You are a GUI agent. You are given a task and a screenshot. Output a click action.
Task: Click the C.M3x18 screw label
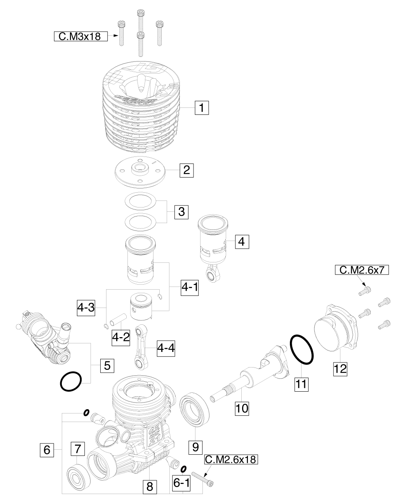tap(80, 36)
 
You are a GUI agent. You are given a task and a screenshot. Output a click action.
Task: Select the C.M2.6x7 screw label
tap(362, 270)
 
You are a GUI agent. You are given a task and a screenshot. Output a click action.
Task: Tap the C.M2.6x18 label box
tap(231, 459)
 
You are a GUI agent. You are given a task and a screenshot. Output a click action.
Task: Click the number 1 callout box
tap(202, 108)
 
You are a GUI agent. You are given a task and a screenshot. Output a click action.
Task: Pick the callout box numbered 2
tap(187, 170)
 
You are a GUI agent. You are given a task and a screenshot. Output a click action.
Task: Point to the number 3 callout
tap(181, 212)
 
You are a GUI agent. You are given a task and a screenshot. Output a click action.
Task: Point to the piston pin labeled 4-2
tap(119, 320)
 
